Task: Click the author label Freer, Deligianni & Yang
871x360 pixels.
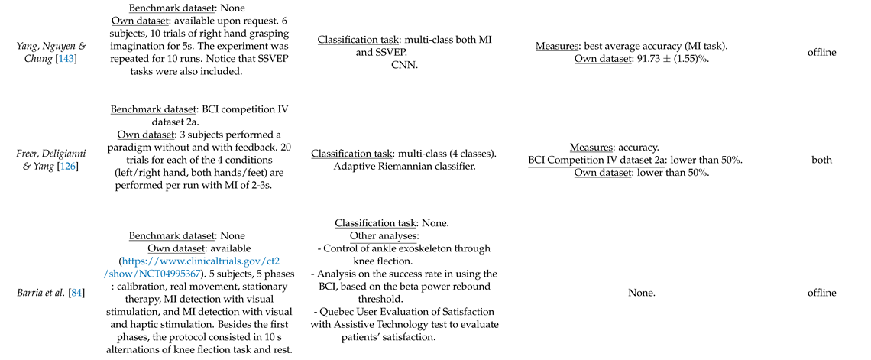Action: [47, 153]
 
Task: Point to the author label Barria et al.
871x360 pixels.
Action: [41, 293]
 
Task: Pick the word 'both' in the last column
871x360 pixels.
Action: [821, 160]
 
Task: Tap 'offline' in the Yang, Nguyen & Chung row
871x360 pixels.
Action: [821, 53]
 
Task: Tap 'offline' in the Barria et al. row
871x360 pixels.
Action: [821, 293]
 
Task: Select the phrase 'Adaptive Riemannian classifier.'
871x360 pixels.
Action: [405, 166]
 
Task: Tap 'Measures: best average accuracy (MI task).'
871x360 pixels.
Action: [632, 46]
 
